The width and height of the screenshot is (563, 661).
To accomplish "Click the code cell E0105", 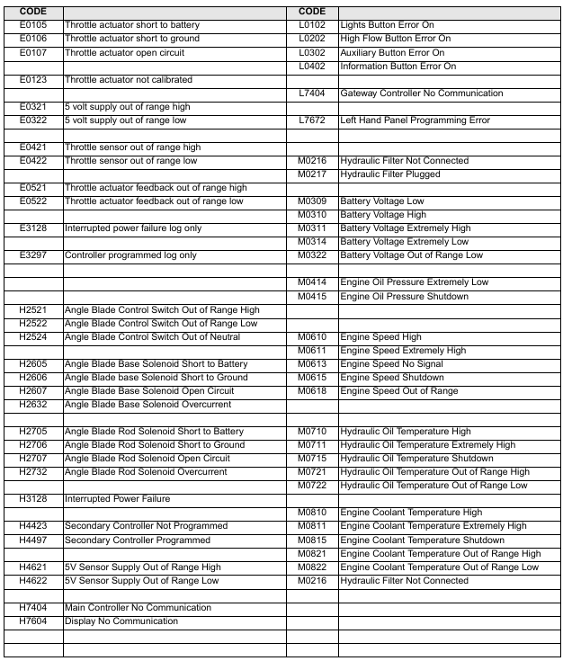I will click(x=32, y=25).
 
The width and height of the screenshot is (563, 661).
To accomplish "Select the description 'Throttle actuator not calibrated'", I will click(x=128, y=80).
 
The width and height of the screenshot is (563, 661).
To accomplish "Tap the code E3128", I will click(x=32, y=228).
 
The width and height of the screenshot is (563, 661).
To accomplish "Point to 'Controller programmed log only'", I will click(x=130, y=255).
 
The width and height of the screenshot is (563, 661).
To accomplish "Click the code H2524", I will click(x=32, y=337).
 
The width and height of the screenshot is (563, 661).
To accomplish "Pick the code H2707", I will click(x=32, y=459).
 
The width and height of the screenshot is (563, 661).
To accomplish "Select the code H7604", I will click(x=32, y=621).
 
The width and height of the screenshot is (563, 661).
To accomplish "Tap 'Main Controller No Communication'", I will click(x=138, y=608).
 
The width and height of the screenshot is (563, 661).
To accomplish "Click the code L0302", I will click(x=312, y=53).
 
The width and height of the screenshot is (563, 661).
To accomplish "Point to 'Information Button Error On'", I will click(x=398, y=67).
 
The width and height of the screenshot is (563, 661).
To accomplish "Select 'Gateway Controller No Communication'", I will click(x=421, y=94).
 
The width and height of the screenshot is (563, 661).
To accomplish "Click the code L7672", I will click(x=312, y=121).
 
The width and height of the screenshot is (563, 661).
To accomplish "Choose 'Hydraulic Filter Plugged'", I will click(x=390, y=174).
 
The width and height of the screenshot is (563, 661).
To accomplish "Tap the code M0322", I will click(x=312, y=255).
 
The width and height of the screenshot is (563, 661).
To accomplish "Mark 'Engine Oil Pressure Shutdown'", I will click(x=404, y=297).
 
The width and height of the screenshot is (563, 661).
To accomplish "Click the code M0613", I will click(x=312, y=364).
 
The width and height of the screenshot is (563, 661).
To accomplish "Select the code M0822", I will click(x=312, y=567).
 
